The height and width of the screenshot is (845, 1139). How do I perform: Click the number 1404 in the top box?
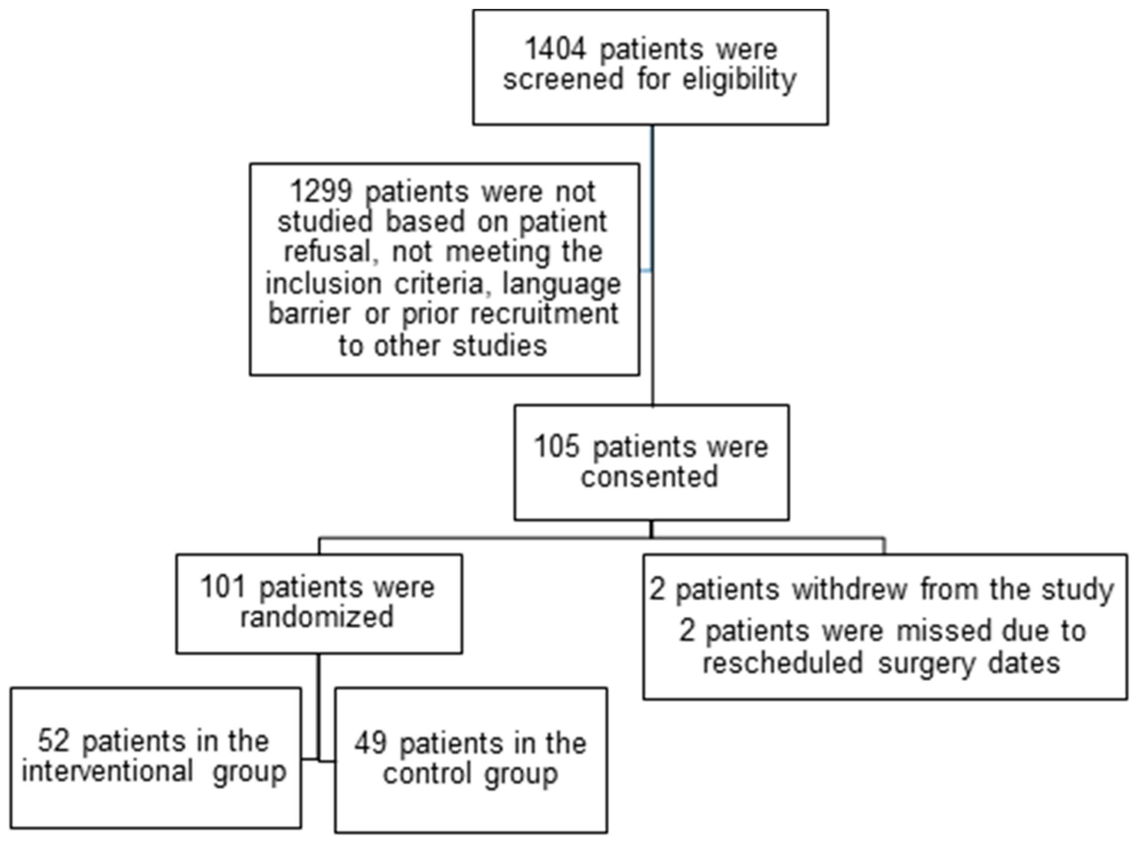(x=555, y=50)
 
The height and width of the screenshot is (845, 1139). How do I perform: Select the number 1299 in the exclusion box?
(x=321, y=191)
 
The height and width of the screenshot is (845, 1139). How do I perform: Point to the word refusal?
(x=328, y=252)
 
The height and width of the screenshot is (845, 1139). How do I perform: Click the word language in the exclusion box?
(x=561, y=284)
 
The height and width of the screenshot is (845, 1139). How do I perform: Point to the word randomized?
(x=317, y=616)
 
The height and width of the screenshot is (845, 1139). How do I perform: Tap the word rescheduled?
(x=783, y=663)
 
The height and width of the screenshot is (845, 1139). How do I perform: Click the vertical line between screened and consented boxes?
(x=652, y=205)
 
